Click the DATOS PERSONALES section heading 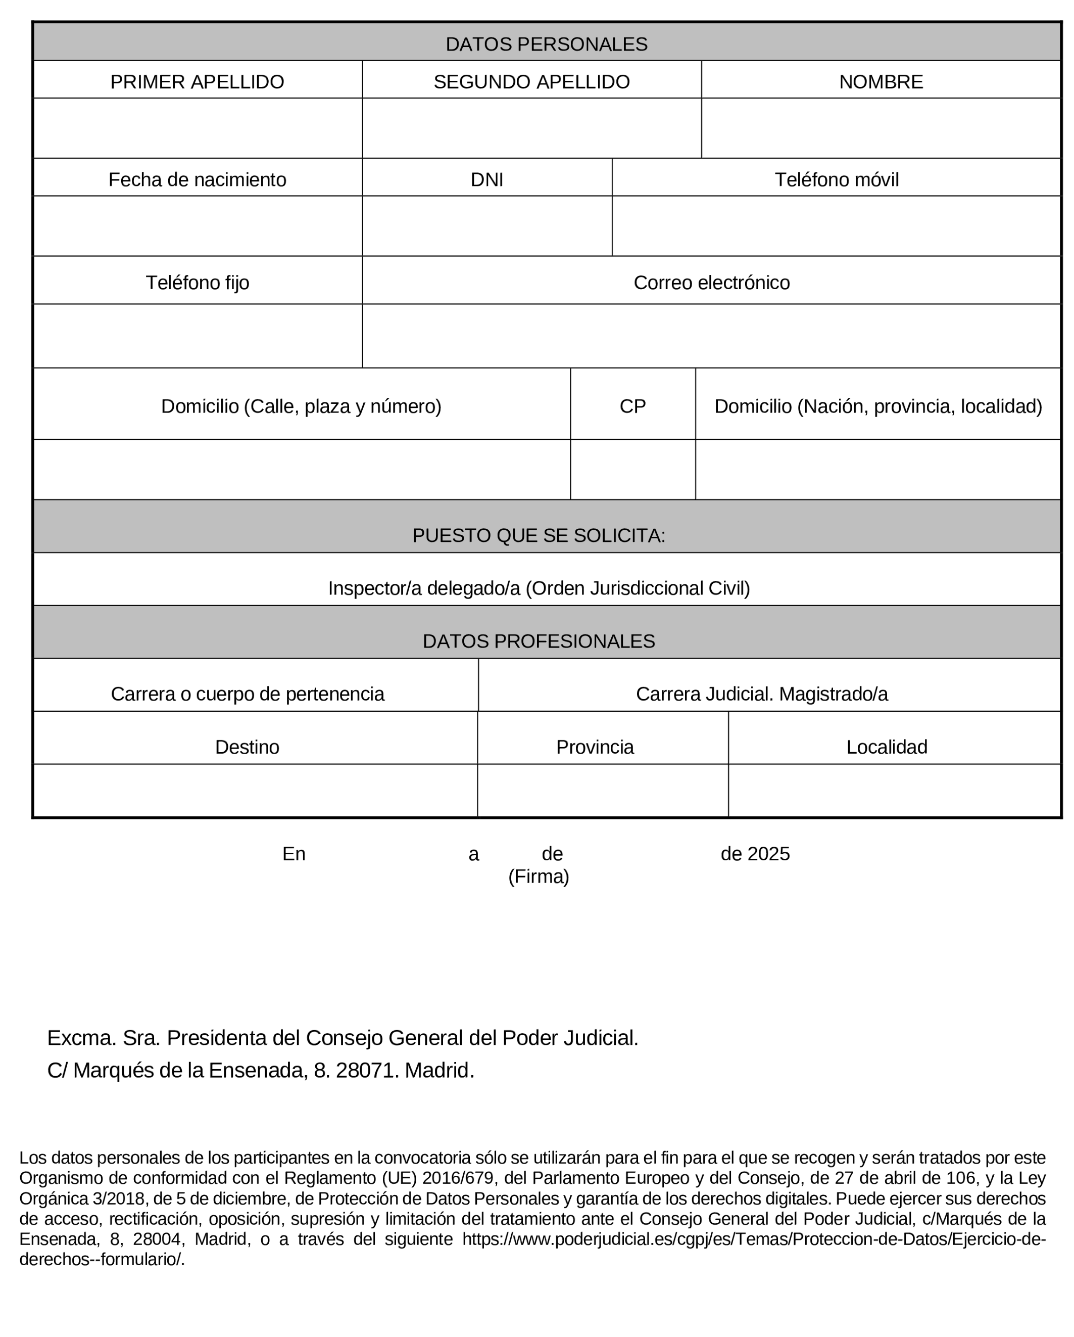(x=546, y=44)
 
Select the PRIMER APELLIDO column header (x=197, y=82)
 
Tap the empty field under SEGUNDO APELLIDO (x=531, y=128)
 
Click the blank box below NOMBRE (x=880, y=128)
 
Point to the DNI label (x=486, y=180)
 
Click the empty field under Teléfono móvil (x=836, y=226)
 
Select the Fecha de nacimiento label (x=197, y=180)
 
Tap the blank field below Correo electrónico (x=711, y=336)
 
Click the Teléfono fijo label (x=197, y=283)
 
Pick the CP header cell (x=632, y=406)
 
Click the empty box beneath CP (x=632, y=470)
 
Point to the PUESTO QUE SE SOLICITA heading (x=539, y=535)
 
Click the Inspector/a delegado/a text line (x=539, y=588)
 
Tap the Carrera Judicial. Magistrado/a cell (x=762, y=694)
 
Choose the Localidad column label (x=886, y=747)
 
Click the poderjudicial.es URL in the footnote (x=753, y=1239)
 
